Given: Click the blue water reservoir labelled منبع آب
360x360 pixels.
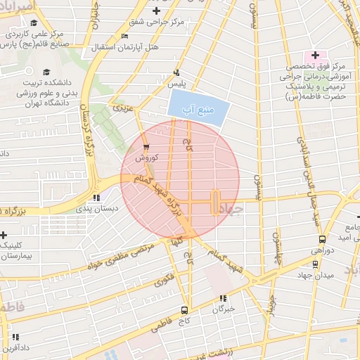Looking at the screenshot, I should [199, 109].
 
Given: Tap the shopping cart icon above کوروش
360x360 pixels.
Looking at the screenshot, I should [146, 147].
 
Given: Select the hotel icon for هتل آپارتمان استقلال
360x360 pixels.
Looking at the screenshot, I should [124, 36].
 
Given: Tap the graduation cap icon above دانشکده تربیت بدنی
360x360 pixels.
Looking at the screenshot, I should [46, 72].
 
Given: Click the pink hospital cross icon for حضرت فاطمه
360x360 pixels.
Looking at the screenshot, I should [314, 55].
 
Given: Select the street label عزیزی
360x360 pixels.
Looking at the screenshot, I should [123, 108].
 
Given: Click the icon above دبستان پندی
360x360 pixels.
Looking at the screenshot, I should [96, 198].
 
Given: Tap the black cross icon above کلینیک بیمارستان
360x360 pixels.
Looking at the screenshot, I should [4, 234].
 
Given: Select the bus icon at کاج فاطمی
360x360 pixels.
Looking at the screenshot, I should [184, 310].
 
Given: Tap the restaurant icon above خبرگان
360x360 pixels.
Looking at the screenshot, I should [223, 298].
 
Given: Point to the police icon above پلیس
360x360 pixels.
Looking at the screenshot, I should [176, 72].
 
